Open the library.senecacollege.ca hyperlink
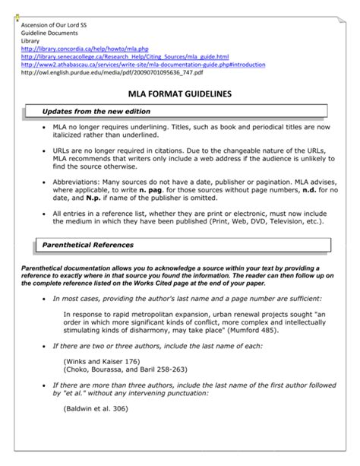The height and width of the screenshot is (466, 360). coord(125,57)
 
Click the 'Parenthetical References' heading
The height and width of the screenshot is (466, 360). coord(87,245)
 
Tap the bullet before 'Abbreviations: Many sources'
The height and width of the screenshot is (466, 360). coord(44,184)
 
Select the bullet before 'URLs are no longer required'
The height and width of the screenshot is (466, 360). coord(44,151)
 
